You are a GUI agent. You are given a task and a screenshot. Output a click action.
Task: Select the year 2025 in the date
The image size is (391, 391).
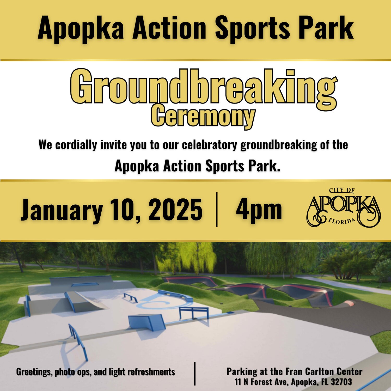(x=175, y=210)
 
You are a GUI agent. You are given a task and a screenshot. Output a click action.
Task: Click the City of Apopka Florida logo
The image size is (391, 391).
(x=344, y=207)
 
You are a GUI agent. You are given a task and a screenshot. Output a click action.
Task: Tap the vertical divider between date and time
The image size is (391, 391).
(x=217, y=209)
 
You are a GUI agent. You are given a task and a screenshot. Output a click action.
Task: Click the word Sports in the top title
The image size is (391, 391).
(x=252, y=28)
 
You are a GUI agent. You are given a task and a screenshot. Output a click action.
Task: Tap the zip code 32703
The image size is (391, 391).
(x=341, y=382)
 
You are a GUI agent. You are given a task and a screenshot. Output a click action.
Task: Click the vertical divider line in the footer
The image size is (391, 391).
(x=195, y=374)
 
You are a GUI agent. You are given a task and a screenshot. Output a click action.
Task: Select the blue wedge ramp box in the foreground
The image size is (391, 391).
(x=146, y=322)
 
